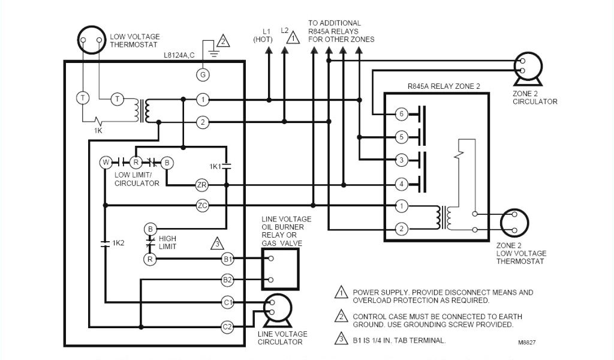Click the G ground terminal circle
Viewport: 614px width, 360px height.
[x=203, y=74]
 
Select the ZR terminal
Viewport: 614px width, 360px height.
[x=202, y=185]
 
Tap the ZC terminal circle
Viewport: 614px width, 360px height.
[x=202, y=206]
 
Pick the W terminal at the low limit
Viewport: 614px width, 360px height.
[x=105, y=163]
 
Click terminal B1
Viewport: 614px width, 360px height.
[x=227, y=259]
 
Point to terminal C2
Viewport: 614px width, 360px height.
[x=227, y=327]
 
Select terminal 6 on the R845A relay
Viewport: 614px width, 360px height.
[x=402, y=114]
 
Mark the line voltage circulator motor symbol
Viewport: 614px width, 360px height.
[x=275, y=308]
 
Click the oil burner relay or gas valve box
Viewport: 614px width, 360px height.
[x=280, y=269]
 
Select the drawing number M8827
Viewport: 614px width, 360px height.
[x=528, y=343]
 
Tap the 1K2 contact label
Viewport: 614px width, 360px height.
[x=118, y=243]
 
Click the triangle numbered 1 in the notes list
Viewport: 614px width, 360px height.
[x=341, y=293]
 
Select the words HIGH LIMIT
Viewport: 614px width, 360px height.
[x=167, y=242]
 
